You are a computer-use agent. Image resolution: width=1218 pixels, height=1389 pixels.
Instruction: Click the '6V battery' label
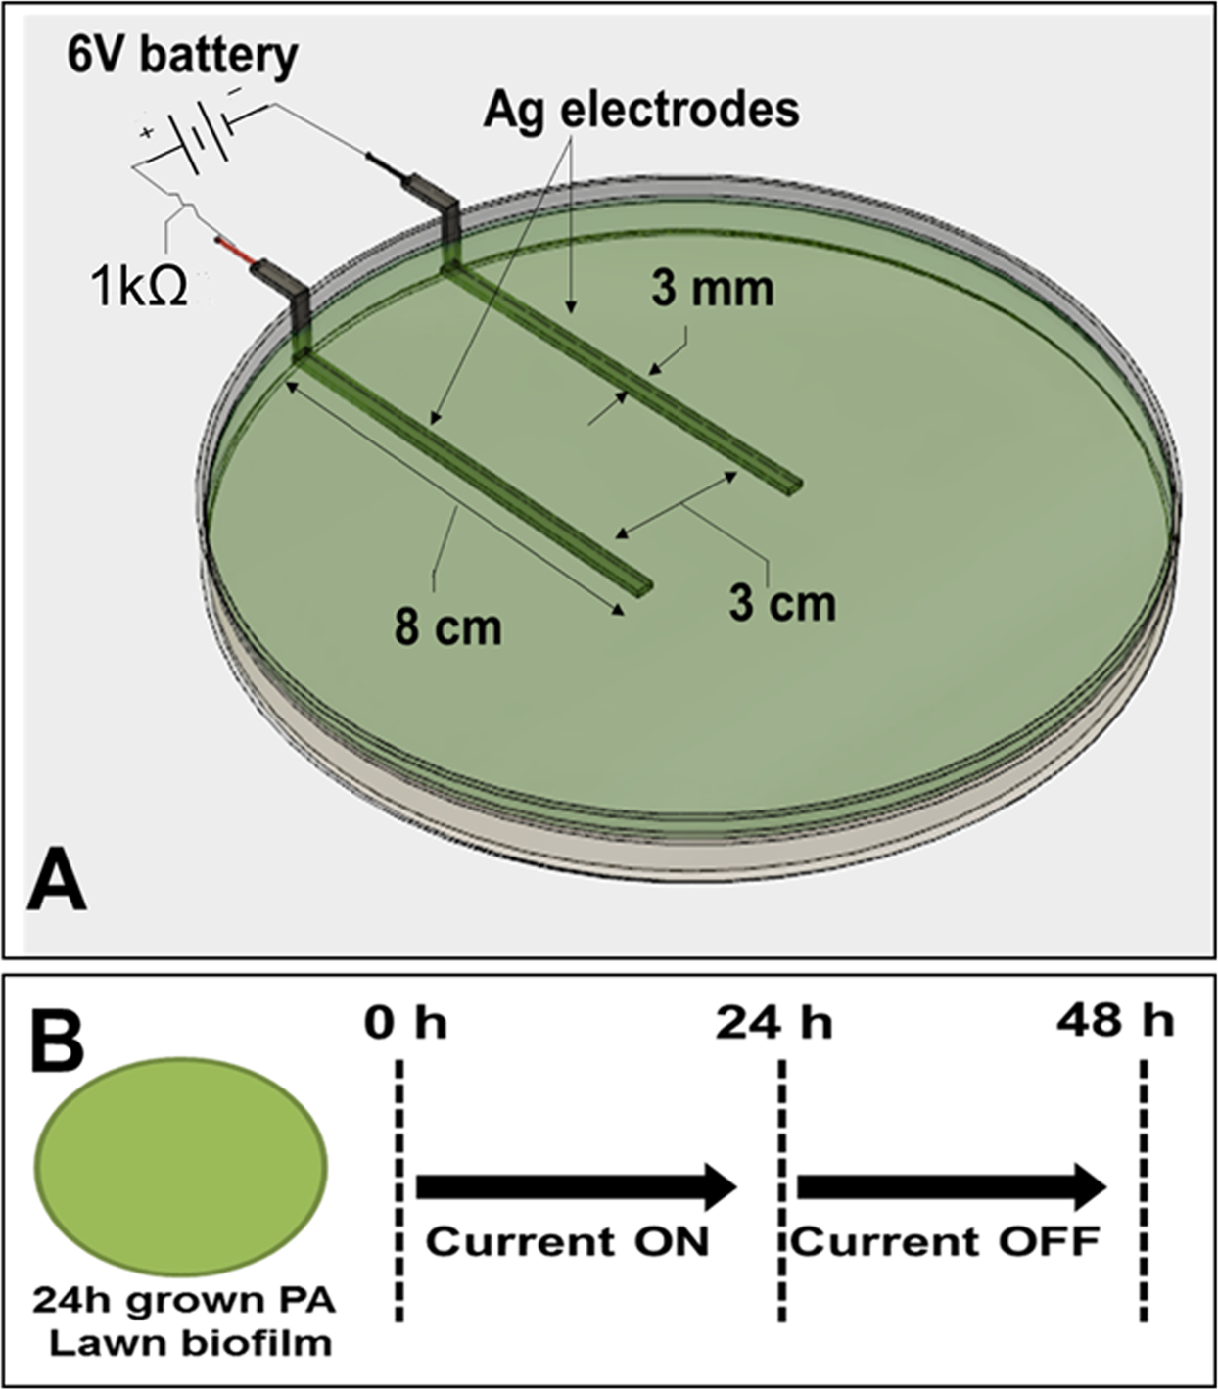[x=182, y=56]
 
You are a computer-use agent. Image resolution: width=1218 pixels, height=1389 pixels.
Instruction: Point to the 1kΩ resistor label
[x=139, y=289]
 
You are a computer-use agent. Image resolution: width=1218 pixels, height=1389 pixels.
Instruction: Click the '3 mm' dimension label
[x=713, y=289]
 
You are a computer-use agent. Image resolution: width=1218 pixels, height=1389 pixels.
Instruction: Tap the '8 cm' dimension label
[x=447, y=626]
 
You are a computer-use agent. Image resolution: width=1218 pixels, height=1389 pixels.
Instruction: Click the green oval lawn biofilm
[x=181, y=1168]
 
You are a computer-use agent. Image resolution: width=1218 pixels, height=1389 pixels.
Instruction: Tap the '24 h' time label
[x=773, y=1024]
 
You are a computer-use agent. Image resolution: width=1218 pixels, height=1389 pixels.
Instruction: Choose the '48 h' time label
[x=1115, y=1022]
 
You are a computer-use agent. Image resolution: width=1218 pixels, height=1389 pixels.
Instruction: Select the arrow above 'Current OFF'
[x=951, y=1187]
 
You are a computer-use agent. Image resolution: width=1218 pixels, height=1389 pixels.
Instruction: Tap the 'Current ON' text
[x=567, y=1242]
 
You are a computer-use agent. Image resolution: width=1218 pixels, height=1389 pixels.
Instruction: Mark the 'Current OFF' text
[x=945, y=1242]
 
